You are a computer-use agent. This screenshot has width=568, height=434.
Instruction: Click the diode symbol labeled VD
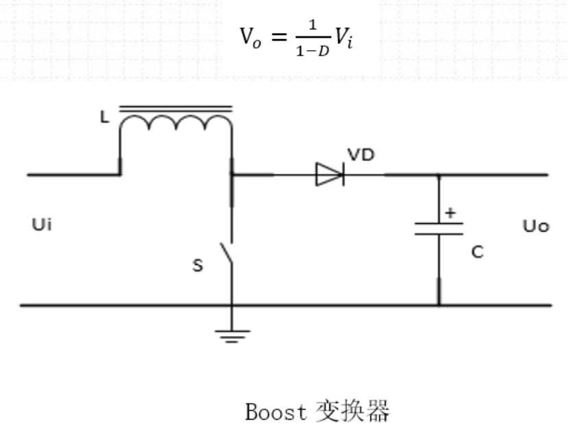(x=329, y=174)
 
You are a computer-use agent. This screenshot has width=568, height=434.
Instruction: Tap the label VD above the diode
(x=361, y=155)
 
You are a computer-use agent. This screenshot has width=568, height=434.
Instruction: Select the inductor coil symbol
(x=176, y=125)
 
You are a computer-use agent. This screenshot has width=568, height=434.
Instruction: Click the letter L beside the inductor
(x=104, y=117)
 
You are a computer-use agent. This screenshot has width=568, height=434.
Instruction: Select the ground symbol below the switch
(x=232, y=336)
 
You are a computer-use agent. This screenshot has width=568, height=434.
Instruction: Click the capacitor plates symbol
(x=438, y=229)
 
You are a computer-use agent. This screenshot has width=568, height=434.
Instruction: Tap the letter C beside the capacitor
(x=477, y=252)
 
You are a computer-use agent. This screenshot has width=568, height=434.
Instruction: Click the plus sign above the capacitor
(x=450, y=213)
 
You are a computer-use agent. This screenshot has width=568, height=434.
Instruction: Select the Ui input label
(x=41, y=224)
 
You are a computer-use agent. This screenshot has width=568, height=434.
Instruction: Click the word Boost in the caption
(x=276, y=412)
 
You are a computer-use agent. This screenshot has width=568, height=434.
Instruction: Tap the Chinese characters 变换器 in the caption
(x=353, y=412)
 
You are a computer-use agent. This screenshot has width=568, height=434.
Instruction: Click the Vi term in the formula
(x=344, y=36)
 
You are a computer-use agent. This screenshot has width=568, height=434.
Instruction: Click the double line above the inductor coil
(x=176, y=108)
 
